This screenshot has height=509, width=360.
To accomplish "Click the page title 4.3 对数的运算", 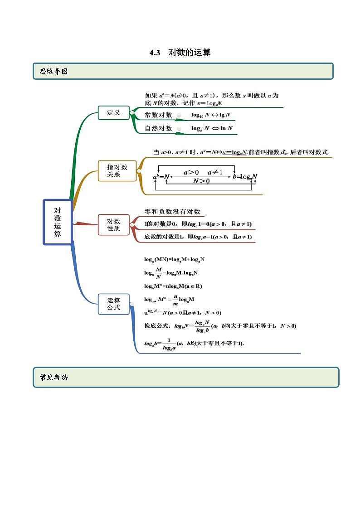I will (180, 53).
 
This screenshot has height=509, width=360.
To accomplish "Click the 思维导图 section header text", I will (54, 71).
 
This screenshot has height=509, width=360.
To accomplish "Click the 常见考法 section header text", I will (54, 377).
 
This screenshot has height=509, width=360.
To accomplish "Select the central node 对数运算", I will (58, 222).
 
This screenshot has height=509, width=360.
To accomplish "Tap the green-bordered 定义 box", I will (113, 112).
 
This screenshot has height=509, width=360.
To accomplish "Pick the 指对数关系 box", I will (117, 170).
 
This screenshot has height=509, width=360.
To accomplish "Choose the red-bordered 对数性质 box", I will (113, 225).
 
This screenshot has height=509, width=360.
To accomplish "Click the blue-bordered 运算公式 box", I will (113, 304).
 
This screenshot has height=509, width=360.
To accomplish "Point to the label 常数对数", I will (158, 115).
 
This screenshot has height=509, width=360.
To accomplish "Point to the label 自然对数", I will (158, 128).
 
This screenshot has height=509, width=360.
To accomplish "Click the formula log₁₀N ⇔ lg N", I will (210, 116).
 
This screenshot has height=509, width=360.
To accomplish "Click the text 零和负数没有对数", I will (172, 212).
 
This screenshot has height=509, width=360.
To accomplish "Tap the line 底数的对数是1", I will (198, 237).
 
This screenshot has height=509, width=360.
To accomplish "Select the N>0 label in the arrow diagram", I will (201, 181).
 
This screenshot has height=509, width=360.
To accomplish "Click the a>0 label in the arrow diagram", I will (191, 172).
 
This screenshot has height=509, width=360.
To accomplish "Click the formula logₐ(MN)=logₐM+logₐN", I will (174, 259).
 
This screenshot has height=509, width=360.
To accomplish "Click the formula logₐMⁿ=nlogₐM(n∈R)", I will (173, 286).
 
